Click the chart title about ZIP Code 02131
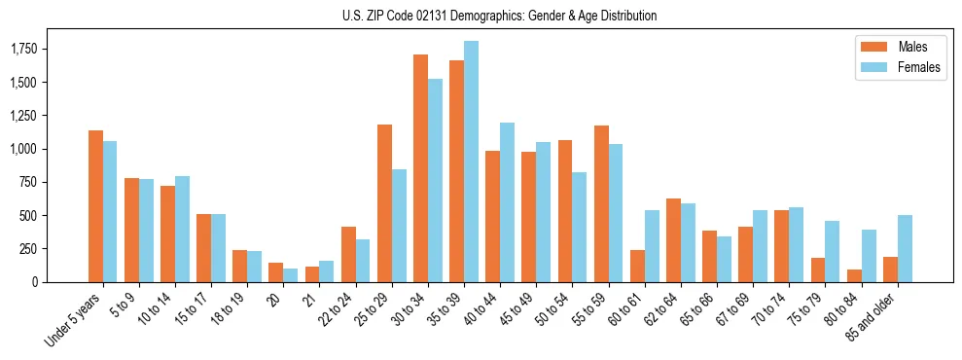(499, 16)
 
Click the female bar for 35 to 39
(471, 162)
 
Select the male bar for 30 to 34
(420, 168)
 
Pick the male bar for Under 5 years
(95, 206)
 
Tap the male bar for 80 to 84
(853, 275)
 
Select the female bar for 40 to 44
(507, 202)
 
